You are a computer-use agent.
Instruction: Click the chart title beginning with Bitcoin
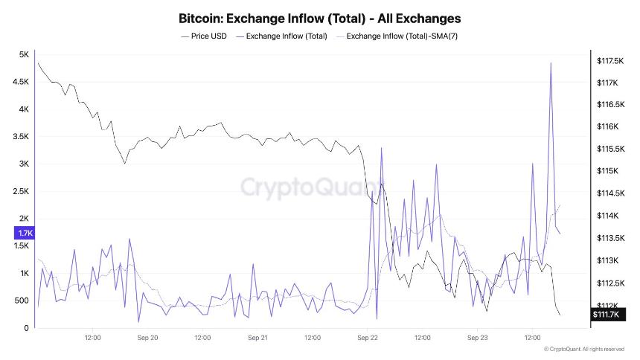tap(320, 17)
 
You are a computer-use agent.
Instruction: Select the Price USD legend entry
tap(204, 36)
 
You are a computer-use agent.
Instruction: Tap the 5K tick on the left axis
tap(24, 54)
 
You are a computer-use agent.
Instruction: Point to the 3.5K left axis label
tap(21, 137)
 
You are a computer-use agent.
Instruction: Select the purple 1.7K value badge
tap(23, 234)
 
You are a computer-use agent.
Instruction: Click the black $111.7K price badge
tap(607, 315)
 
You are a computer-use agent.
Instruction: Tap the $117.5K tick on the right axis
tap(609, 61)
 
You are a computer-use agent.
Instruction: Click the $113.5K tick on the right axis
tap(609, 238)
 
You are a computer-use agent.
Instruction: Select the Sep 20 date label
tap(147, 337)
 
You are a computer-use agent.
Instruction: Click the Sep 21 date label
tap(257, 337)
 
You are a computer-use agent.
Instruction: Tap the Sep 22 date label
tap(368, 337)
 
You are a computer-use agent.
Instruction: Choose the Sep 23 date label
tap(477, 337)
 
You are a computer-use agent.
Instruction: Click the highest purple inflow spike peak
tap(551, 63)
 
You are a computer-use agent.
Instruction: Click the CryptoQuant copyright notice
tap(583, 349)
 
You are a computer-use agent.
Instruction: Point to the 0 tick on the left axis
tap(26, 328)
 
